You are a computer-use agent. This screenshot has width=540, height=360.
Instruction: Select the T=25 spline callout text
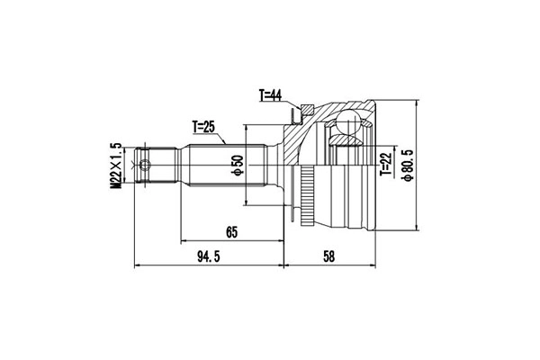208,127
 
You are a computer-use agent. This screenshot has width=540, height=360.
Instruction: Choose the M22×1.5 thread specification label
116,166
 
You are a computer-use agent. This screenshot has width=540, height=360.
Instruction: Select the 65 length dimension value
231,233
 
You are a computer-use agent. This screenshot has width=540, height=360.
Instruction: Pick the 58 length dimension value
328,257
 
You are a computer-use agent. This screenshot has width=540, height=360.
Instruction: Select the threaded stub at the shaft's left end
153,166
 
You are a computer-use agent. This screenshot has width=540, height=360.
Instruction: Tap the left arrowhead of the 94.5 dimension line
137,266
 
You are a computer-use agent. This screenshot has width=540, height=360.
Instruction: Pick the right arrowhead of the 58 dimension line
374,266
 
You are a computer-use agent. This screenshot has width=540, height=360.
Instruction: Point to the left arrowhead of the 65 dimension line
184,242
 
